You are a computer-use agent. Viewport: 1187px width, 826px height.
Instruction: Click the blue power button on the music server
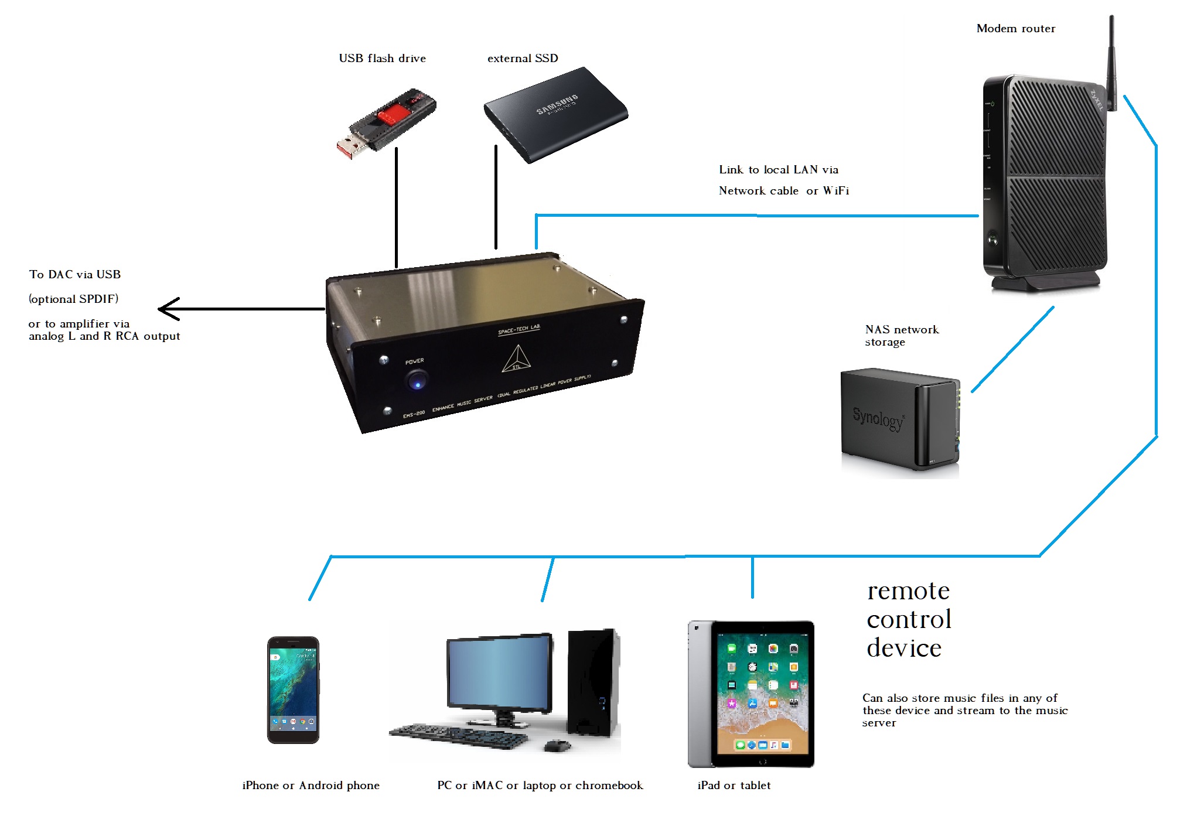click(x=417, y=382)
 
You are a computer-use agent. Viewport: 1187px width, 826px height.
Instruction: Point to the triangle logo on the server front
click(x=516, y=360)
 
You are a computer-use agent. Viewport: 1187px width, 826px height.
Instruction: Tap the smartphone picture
click(x=293, y=690)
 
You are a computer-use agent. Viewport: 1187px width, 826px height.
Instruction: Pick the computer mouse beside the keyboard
click(x=557, y=746)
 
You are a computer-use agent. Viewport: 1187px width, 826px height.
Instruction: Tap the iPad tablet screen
click(x=762, y=694)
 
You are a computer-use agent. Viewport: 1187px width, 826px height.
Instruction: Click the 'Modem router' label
click(x=1015, y=29)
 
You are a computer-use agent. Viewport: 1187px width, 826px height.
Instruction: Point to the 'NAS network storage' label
click(x=901, y=336)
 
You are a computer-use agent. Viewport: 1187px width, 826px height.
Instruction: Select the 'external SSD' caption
click(x=523, y=59)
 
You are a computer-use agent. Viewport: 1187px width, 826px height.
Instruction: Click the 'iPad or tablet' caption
click(x=734, y=786)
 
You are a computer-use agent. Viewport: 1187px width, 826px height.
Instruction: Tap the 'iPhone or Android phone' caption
click(x=311, y=786)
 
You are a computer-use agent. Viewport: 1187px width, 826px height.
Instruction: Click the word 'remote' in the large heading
click(x=908, y=591)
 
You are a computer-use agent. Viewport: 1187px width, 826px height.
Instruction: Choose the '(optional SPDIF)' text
click(x=73, y=299)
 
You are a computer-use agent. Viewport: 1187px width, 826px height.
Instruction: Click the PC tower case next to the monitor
click(x=593, y=682)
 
